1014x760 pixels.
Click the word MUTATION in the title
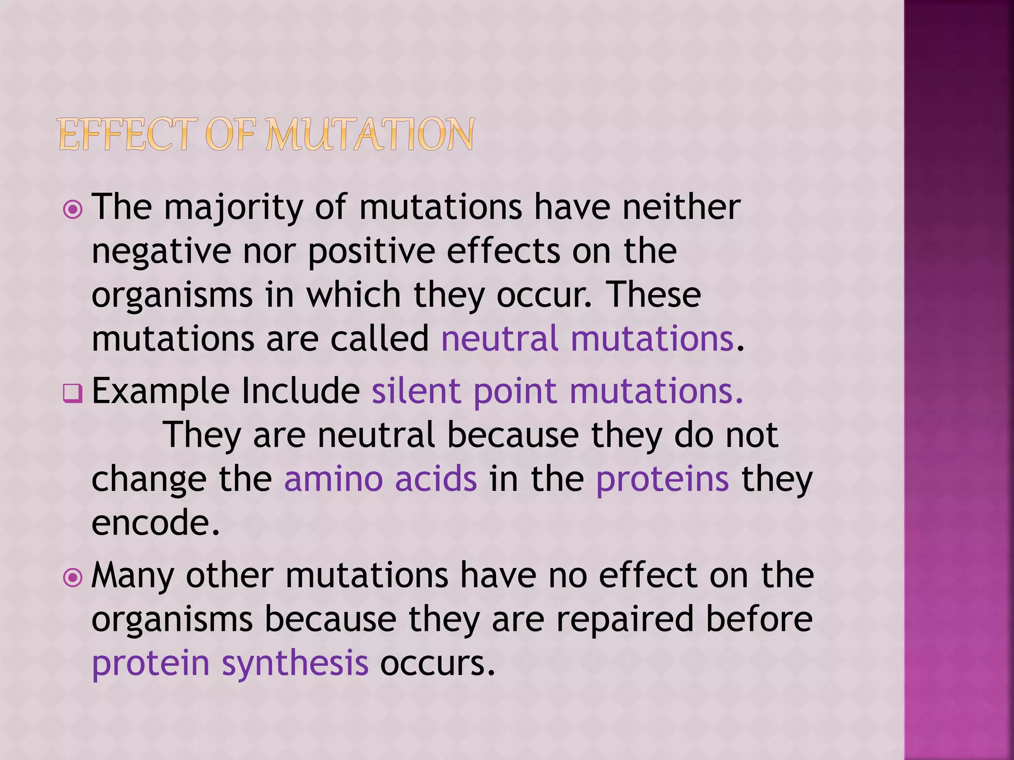coord(370,135)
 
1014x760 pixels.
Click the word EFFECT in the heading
coord(124,135)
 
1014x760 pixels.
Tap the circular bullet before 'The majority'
coord(73,210)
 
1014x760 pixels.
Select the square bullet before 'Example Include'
coord(73,394)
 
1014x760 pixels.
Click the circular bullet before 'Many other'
coord(73,577)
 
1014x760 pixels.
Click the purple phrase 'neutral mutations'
coord(587,339)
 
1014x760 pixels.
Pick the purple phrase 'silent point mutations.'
coord(558,391)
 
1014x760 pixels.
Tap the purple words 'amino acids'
coord(380,479)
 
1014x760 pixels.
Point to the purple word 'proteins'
coord(662,479)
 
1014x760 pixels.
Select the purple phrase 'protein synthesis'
coord(230,663)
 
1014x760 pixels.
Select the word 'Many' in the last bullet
coord(133,576)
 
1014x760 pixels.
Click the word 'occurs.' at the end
coord(437,663)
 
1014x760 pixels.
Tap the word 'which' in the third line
coord(354,295)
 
